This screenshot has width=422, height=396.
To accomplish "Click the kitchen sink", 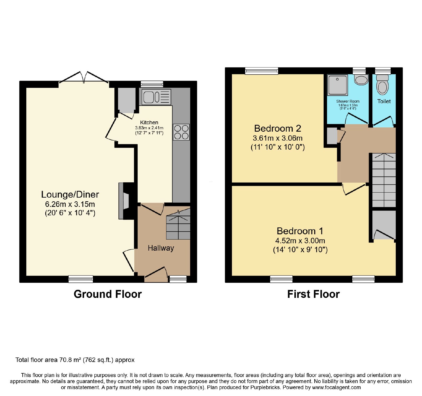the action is tap(156, 97).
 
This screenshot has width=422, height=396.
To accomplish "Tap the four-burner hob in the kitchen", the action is tap(181, 132).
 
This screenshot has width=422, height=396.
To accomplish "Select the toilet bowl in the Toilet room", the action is tap(382, 85).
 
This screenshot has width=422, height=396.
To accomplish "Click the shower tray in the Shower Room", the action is tap(337, 85).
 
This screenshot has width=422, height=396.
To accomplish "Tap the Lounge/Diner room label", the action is tap(70, 194).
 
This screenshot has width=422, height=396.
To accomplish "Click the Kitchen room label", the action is tap(149, 122).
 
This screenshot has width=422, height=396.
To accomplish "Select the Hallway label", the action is tap(161, 248).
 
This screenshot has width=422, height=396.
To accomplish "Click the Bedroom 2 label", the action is tap(277, 128).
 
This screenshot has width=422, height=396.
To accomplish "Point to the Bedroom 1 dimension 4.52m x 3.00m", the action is tap(300, 241).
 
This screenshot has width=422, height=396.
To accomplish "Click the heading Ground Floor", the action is tap(108, 294).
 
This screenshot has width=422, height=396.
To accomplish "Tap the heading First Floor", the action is tap(313, 294).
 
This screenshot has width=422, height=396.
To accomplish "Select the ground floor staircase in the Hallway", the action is tap(178, 225).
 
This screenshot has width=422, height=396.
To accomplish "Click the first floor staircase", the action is tap(384, 180).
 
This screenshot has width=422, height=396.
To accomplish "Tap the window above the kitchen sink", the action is tap(152, 84).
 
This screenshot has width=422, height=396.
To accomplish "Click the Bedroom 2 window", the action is tap(261, 71).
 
